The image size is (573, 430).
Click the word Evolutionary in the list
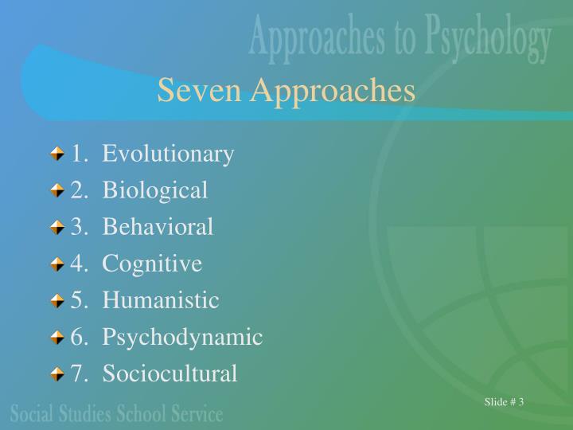coord(168,153)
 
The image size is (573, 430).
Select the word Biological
coord(155,190)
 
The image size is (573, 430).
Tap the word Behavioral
coord(158,226)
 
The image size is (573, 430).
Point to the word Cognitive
coord(152,263)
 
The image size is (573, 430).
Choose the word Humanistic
coord(160,300)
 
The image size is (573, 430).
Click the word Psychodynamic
coord(182,337)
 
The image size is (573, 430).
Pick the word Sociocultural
coord(170,373)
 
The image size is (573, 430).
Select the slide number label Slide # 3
coord(504,401)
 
